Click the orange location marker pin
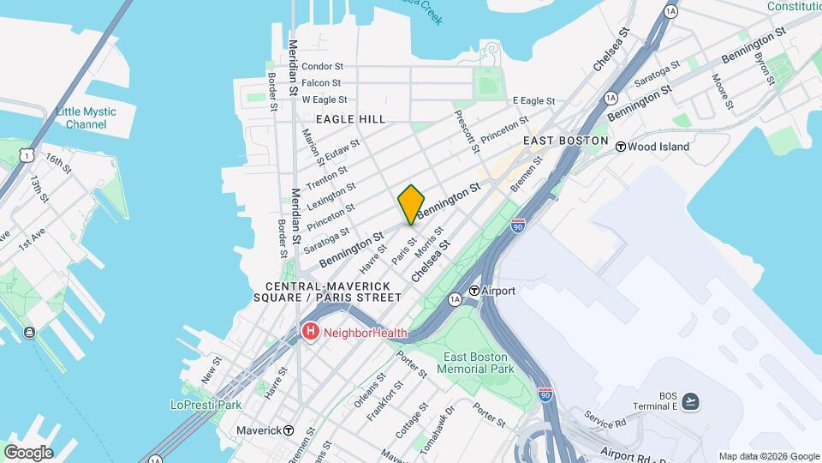[x=411, y=204]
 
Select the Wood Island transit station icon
[x=621, y=147]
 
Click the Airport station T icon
[x=473, y=291]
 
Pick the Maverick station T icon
[x=289, y=430]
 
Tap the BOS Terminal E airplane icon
[x=691, y=400]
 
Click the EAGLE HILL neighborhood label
[x=350, y=119]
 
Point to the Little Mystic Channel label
[x=81, y=117]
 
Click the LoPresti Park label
[x=205, y=405]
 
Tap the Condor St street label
[x=322, y=66]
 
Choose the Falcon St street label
[x=321, y=83]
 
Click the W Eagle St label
[x=323, y=99]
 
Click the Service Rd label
[x=607, y=419]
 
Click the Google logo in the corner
[x=27, y=452]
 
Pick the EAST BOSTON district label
[x=565, y=141]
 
